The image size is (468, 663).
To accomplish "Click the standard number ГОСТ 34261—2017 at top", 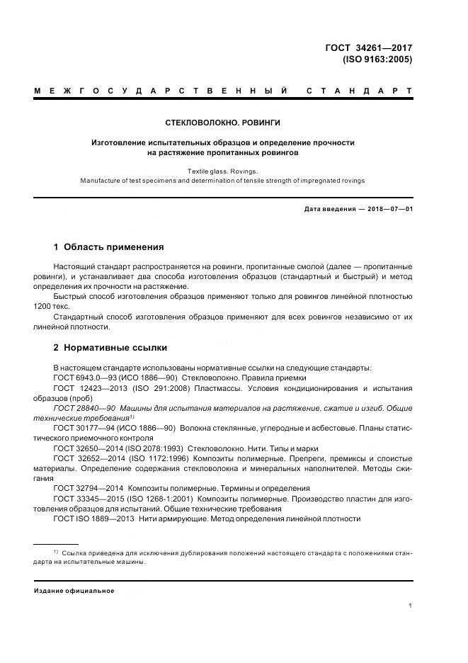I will pyautogui.click(x=368, y=48).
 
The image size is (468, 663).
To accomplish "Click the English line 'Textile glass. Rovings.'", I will pyautogui.click(x=222, y=171).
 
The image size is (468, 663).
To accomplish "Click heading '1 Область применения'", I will pyautogui.click(x=108, y=247).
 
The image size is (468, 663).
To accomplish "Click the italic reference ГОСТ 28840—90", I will pyautogui.click(x=84, y=408).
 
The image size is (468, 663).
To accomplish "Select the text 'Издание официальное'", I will pyautogui.click(x=74, y=591).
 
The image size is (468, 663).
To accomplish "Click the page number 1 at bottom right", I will pyautogui.click(x=411, y=606).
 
